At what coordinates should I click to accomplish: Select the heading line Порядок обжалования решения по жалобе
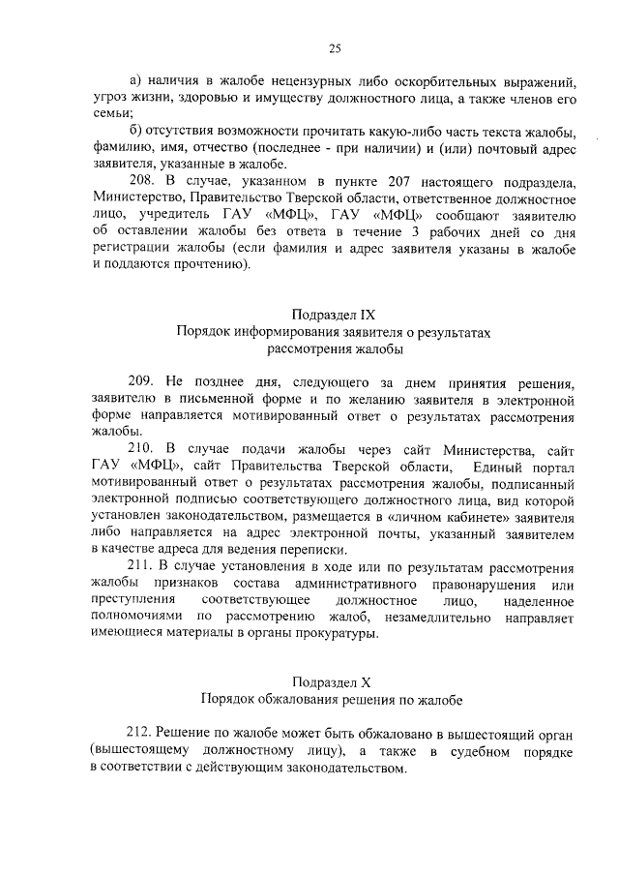(332, 697)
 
